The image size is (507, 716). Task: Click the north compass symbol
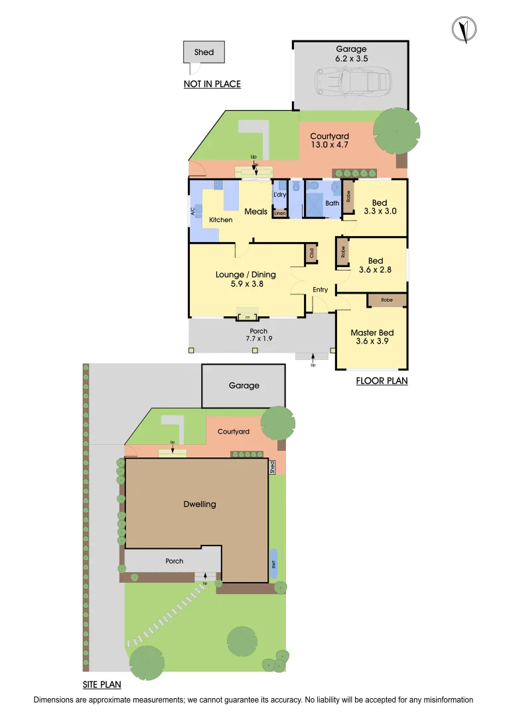point(464,29)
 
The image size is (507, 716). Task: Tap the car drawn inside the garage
point(351,82)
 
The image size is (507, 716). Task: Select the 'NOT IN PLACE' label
point(212,84)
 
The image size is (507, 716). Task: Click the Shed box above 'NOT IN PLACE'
point(204,52)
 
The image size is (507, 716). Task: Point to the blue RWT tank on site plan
point(274,564)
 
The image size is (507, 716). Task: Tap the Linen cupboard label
point(279,213)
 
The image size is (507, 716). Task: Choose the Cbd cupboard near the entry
point(311,253)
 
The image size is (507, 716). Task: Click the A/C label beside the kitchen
point(193,212)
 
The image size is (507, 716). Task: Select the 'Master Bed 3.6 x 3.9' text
point(372,337)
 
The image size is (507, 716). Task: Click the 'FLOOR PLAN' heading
point(382,381)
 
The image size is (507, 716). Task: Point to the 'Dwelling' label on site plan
point(200,504)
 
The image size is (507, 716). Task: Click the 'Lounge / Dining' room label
point(246,278)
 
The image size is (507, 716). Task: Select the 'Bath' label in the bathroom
point(332,204)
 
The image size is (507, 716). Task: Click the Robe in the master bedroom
point(386,300)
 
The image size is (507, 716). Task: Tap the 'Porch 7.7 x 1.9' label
point(258,335)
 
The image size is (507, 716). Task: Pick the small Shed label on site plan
point(272,467)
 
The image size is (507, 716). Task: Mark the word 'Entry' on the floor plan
point(321,290)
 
